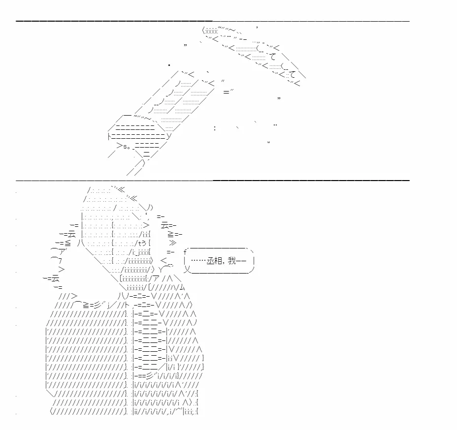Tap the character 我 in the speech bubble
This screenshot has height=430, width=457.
pos(232,261)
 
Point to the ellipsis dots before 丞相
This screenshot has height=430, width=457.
pos(198,261)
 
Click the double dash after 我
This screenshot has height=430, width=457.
pos(241,261)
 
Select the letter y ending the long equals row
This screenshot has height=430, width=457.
pos(169,136)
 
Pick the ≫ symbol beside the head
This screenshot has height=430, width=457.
pos(172,243)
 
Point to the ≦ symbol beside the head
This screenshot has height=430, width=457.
pos(67,243)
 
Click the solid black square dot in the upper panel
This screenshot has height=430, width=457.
pos(169,65)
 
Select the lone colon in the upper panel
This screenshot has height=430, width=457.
pos(215,128)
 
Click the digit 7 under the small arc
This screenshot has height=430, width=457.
pos(60,261)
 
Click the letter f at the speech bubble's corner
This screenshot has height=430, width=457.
pos(185,252)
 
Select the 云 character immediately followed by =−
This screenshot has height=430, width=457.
pos(165,225)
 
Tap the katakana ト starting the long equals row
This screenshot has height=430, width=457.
pos(110,136)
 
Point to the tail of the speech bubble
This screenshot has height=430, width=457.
pos(188,270)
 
